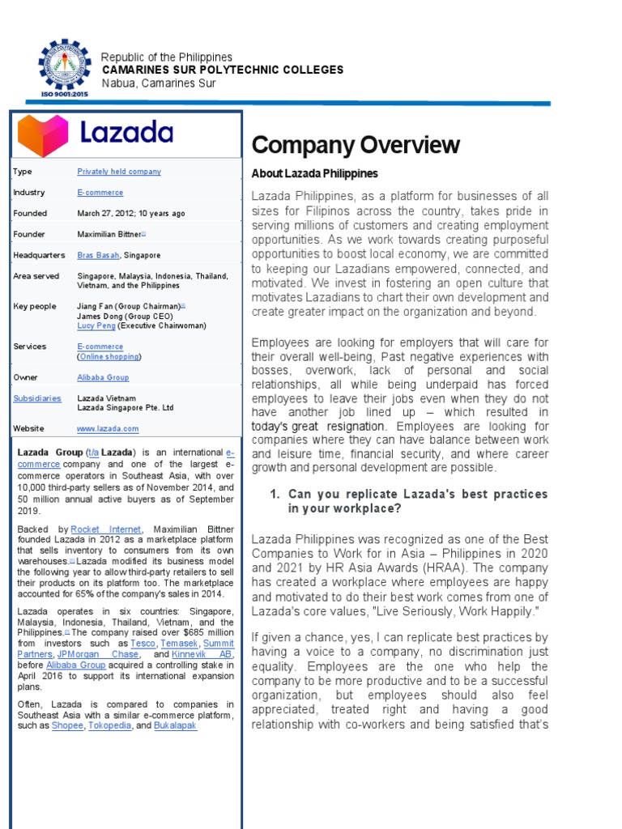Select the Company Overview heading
tap(356, 146)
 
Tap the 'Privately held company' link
tap(118, 172)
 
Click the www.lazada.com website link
tap(108, 429)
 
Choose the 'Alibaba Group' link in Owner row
tap(103, 377)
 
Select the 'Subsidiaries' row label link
tap(36, 398)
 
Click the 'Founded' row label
tap(30, 214)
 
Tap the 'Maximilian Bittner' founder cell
tap(109, 234)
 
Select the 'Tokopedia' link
tap(110, 726)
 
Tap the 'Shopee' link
tap(67, 726)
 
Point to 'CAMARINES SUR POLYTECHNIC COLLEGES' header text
tap(221, 70)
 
